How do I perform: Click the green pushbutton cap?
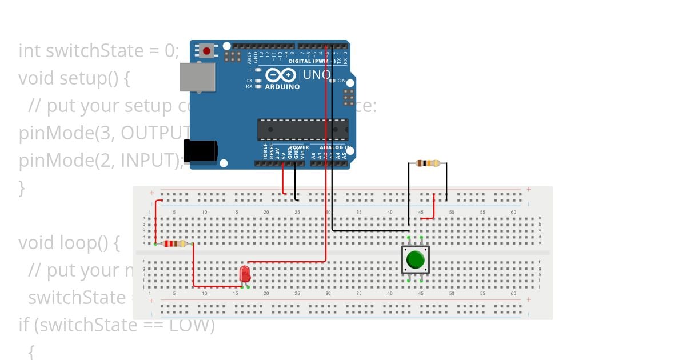[416, 260]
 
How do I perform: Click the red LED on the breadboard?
[245, 273]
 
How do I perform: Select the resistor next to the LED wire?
[174, 244]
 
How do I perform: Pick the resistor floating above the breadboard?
[428, 163]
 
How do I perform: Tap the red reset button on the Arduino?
[207, 51]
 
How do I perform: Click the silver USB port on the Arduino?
[198, 77]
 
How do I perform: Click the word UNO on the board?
[316, 75]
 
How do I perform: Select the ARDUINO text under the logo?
[282, 87]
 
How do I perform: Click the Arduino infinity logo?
[280, 75]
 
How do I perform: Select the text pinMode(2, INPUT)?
[101, 161]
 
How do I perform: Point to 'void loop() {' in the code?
[69, 243]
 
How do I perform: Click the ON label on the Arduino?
[341, 81]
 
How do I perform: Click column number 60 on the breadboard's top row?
[513, 213]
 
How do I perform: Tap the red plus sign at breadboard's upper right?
[528, 190]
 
